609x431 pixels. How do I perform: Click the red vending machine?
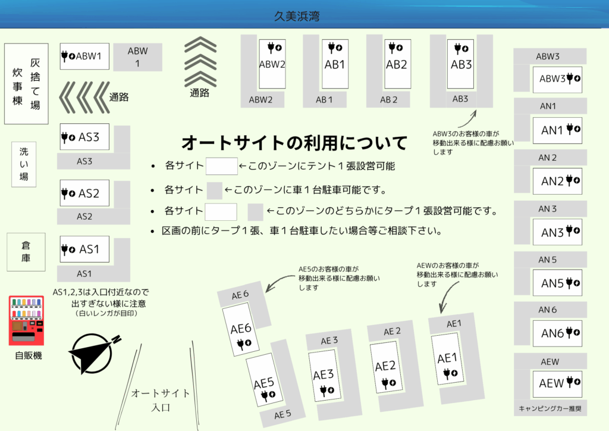(26, 320)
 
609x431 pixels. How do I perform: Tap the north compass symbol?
(93, 353)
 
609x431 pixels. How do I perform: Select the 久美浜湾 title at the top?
(297, 16)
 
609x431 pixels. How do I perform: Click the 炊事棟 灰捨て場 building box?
(26, 83)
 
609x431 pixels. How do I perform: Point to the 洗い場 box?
(24, 164)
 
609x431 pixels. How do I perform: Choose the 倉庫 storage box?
(26, 252)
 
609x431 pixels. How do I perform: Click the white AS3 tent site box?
(84, 137)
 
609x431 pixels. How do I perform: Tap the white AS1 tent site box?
(84, 249)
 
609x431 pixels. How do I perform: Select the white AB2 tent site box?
(398, 64)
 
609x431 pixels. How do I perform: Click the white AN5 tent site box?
(557, 283)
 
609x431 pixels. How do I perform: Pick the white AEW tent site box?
(557, 383)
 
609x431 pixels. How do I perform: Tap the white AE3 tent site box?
(324, 376)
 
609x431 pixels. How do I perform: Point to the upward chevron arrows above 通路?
(200, 61)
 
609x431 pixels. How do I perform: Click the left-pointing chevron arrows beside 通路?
(84, 97)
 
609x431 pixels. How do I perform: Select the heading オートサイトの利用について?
(294, 143)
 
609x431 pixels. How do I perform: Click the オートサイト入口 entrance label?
(160, 400)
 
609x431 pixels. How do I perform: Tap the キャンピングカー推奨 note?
(550, 408)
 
